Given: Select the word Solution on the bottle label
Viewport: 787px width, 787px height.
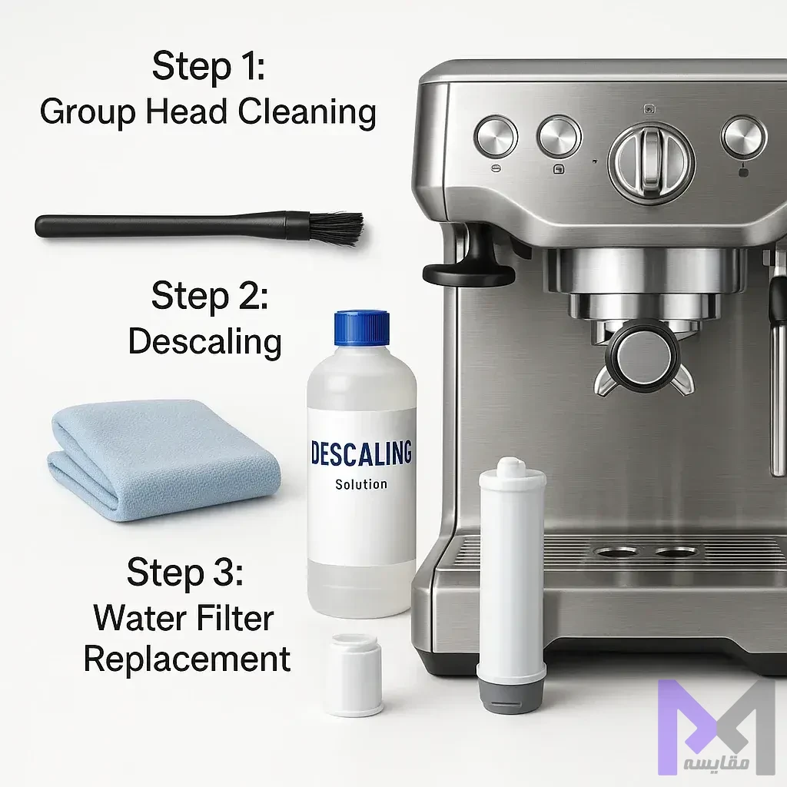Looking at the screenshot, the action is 361,484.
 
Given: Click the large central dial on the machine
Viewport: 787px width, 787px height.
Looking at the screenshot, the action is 651,161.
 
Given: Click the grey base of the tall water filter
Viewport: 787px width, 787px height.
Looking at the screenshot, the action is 510,691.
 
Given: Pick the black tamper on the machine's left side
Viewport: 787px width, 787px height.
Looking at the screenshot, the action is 468,265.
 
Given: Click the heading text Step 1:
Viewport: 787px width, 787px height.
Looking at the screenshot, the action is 208,65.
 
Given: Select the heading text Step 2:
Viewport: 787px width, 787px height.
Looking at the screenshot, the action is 210,296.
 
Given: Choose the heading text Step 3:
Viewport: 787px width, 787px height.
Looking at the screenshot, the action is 185,572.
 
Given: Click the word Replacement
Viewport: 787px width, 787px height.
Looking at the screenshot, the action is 187,659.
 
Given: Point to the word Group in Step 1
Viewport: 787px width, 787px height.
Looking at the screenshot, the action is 88,113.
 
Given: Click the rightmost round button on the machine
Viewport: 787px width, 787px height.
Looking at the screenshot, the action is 743,138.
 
